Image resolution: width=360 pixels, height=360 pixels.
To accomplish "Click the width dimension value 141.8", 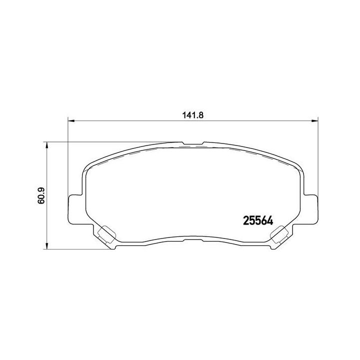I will (x=192, y=114).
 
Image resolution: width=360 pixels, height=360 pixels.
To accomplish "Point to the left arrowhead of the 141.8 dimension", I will (x=70, y=120).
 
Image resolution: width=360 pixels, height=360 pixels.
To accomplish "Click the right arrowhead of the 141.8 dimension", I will (x=314, y=120).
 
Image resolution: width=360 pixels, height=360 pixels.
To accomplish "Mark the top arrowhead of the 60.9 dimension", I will (x=47, y=144).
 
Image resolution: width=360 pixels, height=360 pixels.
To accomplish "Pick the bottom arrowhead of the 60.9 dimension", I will (x=47, y=246).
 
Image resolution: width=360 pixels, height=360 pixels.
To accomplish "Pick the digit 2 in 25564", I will (x=245, y=220).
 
